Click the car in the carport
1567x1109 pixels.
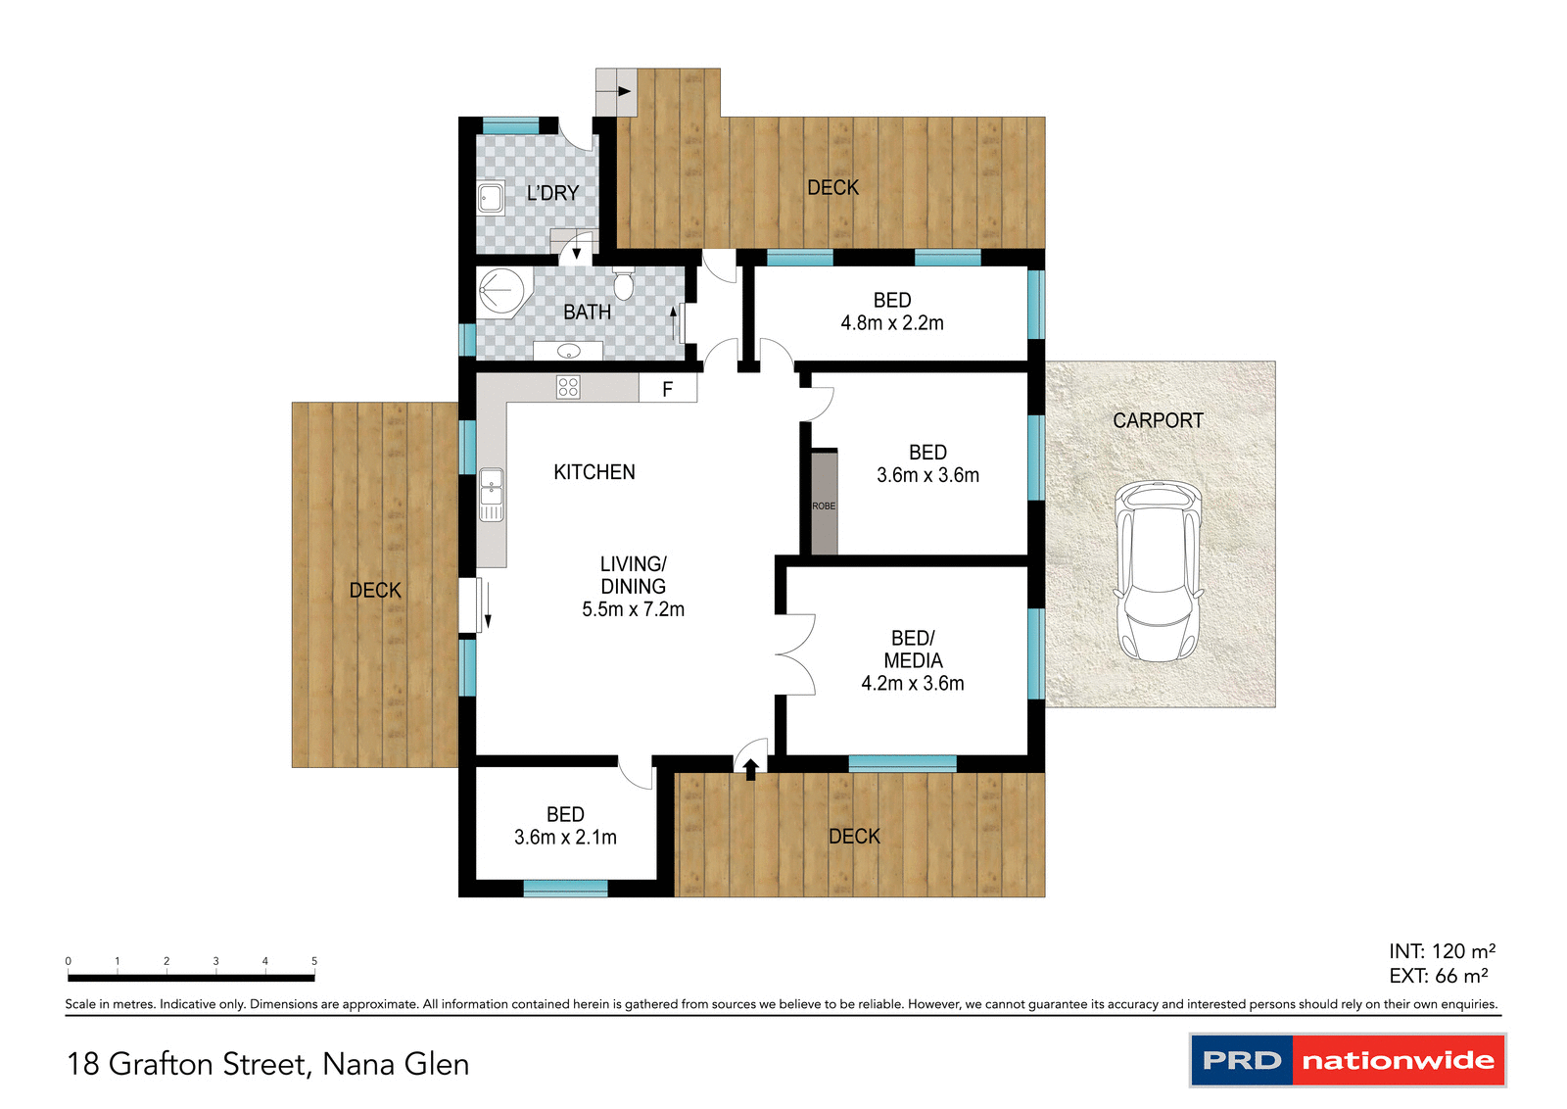[1159, 570]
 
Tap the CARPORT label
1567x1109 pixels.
[1158, 420]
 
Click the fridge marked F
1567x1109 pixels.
[668, 389]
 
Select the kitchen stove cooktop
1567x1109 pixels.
[568, 387]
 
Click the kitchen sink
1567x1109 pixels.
[491, 495]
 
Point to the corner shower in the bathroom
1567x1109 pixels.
[501, 292]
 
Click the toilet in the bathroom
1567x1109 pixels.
[624, 284]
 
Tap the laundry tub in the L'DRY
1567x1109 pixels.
[491, 198]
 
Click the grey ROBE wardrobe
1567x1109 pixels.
[824, 504]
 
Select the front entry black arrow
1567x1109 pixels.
[751, 769]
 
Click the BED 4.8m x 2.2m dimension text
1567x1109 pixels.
[891, 323]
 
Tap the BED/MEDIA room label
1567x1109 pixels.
[913, 650]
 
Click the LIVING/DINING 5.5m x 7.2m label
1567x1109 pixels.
[634, 587]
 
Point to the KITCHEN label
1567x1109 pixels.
[594, 472]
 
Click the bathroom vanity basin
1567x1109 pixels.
[568, 351]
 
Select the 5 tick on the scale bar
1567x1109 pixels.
[314, 962]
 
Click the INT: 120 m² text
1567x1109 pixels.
[1441, 951]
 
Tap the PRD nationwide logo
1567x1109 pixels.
[1348, 1060]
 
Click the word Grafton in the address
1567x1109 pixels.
[160, 1064]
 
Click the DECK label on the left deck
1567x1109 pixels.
[375, 590]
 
